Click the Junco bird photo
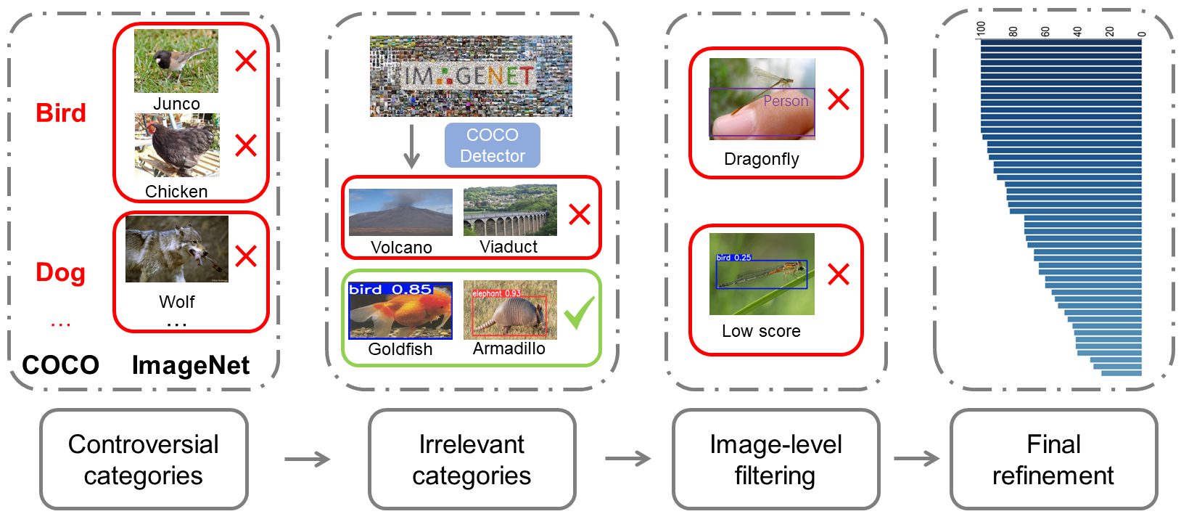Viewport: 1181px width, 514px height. (176, 61)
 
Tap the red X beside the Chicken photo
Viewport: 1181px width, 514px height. (246, 145)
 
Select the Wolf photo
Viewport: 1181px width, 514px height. (177, 249)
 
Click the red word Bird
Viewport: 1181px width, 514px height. (61, 113)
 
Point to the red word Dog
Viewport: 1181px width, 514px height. (61, 273)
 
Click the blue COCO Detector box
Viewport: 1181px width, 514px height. (493, 145)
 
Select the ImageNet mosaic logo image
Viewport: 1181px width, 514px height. (471, 76)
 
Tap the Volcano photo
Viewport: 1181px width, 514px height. (400, 212)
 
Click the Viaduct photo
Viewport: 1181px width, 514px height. (510, 211)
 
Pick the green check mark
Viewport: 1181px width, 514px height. (580, 312)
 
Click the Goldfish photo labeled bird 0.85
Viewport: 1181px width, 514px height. (400, 311)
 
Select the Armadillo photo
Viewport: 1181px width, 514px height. (510, 310)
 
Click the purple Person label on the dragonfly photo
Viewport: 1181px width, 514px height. (786, 101)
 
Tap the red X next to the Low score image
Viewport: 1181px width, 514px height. (839, 274)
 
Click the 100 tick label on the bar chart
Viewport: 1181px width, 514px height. (982, 28)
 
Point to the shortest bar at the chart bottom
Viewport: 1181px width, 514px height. (1121, 373)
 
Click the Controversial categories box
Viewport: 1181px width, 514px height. (144, 460)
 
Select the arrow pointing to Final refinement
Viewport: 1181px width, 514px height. (915, 459)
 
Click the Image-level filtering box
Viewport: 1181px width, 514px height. (775, 460)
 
